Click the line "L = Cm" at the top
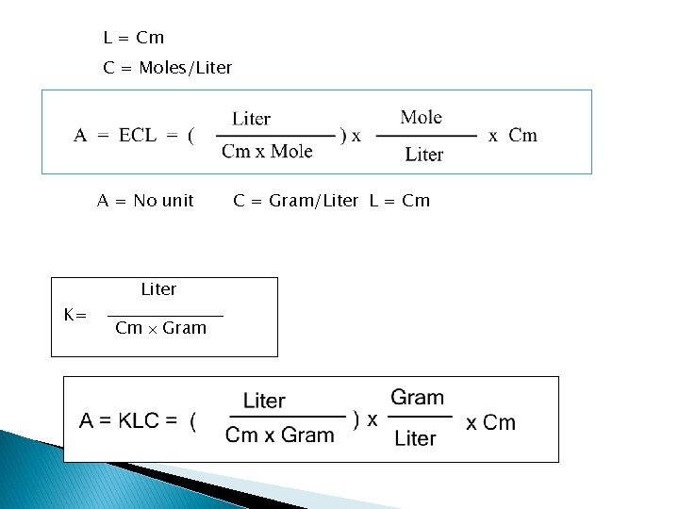tap(133, 39)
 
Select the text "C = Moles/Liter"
tap(167, 69)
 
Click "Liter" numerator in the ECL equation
tap(252, 119)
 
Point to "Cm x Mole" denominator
tap(267, 152)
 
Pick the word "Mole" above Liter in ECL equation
tap(421, 118)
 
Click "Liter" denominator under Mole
tap(424, 154)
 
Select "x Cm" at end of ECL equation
tap(513, 136)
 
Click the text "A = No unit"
tap(146, 201)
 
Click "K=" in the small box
tap(75, 315)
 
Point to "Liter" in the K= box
tap(158, 289)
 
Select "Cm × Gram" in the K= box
tap(160, 329)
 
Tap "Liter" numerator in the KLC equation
tap(264, 402)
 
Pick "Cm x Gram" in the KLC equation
tap(280, 435)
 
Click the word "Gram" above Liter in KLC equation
tap(417, 398)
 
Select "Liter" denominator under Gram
tap(415, 439)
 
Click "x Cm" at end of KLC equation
tap(491, 422)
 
